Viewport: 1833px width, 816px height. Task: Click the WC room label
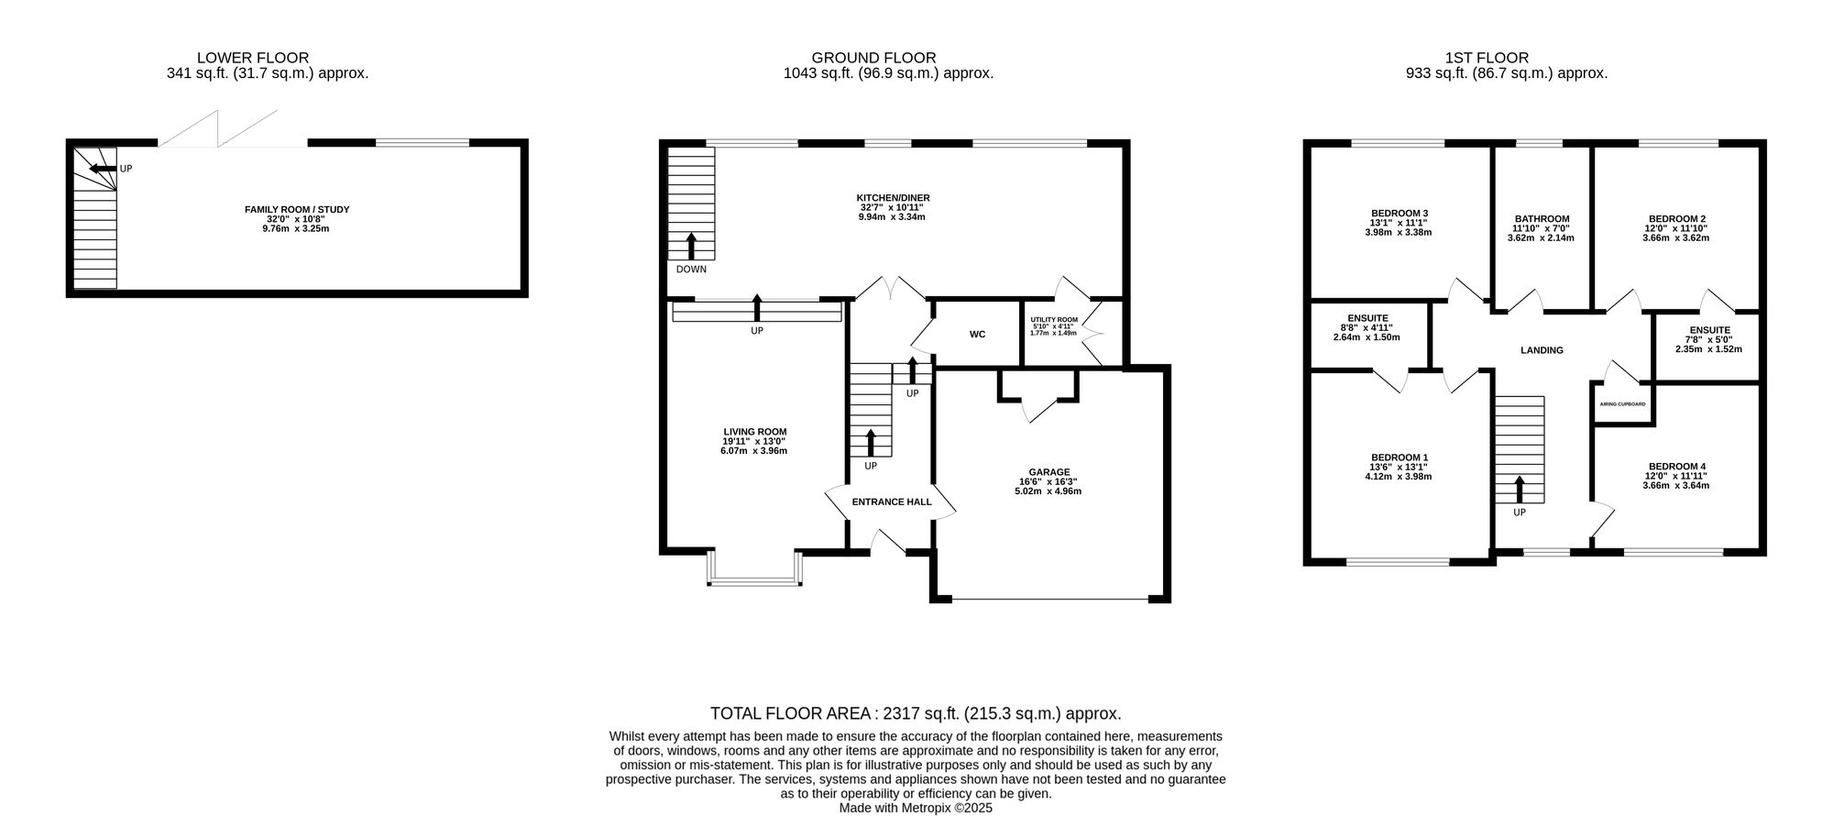coord(977,335)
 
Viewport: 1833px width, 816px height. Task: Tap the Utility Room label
coord(1054,320)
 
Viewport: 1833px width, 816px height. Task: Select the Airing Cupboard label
coord(1622,404)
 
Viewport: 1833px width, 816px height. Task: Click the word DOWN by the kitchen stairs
coord(691,270)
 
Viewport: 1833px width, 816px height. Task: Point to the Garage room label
coord(1048,473)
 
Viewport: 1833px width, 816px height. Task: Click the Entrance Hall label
coord(892,502)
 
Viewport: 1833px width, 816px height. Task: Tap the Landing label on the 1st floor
coord(1542,350)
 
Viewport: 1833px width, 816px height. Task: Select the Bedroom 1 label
coord(1399,458)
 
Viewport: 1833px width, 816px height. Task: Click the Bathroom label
coord(1542,219)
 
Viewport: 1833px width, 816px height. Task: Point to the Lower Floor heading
coord(253,58)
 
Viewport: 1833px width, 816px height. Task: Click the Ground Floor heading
coord(873,58)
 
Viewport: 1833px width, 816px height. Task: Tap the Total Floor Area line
coord(916,713)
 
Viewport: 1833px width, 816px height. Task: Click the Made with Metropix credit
coord(916,809)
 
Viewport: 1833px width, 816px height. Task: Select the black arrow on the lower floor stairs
coord(103,169)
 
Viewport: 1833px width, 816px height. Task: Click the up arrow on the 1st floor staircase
coord(1520,490)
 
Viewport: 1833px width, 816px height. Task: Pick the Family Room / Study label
coord(297,210)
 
